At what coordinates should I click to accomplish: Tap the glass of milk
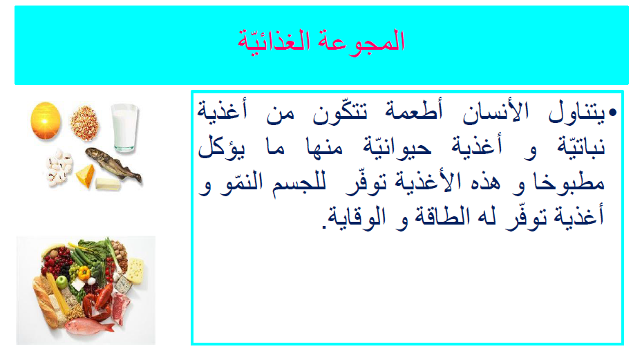[x=125, y=127]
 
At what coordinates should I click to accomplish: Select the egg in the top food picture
[x=46, y=118]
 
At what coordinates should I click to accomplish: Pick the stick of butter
[x=107, y=183]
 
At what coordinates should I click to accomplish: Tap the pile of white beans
[x=59, y=167]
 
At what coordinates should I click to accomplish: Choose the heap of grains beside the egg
[x=84, y=122]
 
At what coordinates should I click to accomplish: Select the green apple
[x=62, y=282]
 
